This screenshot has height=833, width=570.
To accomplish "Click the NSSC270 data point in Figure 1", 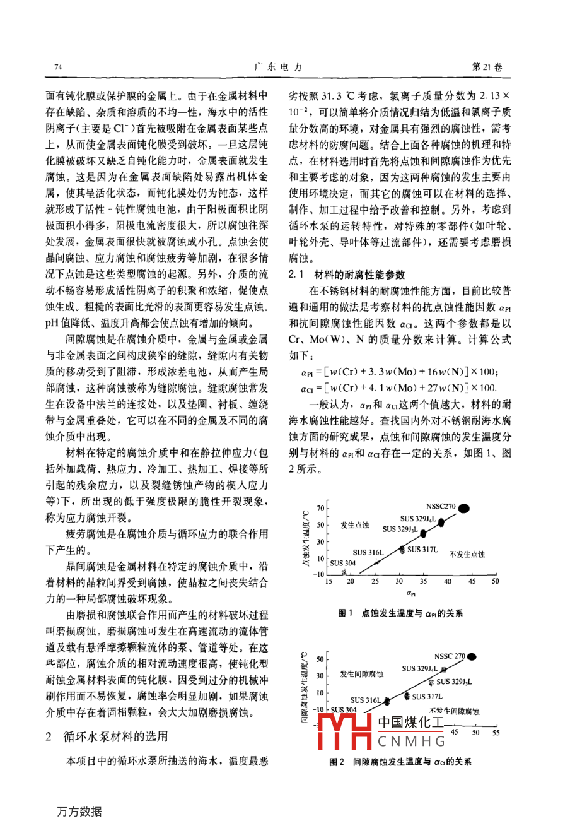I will pyautogui.click(x=464, y=507).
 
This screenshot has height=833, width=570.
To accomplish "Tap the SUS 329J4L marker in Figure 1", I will pyautogui.click(x=441, y=522).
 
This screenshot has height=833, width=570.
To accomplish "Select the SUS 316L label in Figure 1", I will pyautogui.click(x=368, y=553).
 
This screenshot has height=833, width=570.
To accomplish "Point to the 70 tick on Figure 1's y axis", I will pyautogui.click(x=320, y=508).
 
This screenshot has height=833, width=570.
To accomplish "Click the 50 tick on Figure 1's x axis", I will pyautogui.click(x=496, y=581).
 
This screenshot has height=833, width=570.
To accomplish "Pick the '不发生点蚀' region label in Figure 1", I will pyautogui.click(x=467, y=554).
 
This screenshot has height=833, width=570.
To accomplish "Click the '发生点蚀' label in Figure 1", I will pyautogui.click(x=355, y=525).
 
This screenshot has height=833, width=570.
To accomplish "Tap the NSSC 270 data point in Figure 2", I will pyautogui.click(x=472, y=657).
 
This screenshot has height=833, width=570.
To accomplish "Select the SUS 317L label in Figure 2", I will pyautogui.click(x=427, y=697).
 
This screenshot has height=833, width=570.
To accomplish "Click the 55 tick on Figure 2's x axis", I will pyautogui.click(x=496, y=733).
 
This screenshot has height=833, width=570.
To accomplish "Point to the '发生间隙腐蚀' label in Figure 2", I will pyautogui.click(x=362, y=674).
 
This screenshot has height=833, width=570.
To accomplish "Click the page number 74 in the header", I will pyautogui.click(x=59, y=68).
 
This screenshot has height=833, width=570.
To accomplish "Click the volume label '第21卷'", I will pyautogui.click(x=487, y=68).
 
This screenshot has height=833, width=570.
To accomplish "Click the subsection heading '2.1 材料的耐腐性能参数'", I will pyautogui.click(x=347, y=275).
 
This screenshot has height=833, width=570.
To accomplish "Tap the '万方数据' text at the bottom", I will pyautogui.click(x=79, y=812).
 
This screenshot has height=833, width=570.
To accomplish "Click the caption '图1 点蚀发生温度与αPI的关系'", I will pyautogui.click(x=400, y=613).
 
